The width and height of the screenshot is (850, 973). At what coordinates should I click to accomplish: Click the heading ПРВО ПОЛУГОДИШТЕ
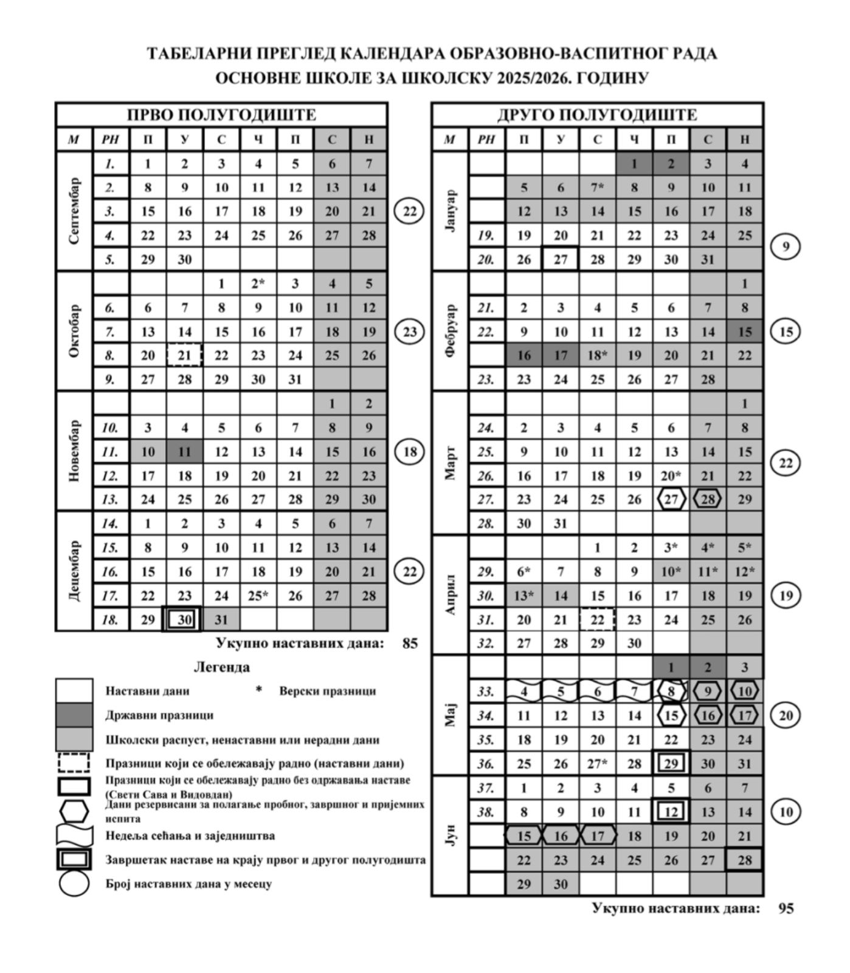221,115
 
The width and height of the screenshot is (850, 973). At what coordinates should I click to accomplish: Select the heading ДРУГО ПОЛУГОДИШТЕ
597,115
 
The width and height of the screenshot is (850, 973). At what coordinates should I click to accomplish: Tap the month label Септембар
74,211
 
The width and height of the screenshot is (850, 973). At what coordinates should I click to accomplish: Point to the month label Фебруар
450,331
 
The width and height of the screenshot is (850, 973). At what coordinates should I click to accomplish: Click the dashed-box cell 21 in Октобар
184,355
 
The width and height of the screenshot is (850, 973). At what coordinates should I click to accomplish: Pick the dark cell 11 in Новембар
185,452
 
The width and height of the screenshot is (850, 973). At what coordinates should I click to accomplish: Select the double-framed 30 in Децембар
184,620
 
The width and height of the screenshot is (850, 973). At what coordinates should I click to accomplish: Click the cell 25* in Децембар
258,596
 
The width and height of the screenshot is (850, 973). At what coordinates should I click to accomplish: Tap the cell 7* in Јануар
598,187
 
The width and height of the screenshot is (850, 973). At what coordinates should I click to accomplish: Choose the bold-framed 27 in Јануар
561,260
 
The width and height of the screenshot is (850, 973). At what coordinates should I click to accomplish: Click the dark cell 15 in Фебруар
745,331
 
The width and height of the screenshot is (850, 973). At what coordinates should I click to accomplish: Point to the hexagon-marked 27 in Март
671,499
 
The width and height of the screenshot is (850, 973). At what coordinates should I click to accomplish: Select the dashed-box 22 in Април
598,620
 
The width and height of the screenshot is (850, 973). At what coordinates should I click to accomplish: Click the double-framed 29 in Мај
671,764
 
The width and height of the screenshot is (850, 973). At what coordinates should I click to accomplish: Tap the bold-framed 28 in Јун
745,860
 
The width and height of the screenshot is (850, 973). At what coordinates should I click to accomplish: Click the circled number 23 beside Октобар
410,331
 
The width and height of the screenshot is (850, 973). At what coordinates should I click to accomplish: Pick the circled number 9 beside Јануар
786,247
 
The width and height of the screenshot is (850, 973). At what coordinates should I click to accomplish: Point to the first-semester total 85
410,643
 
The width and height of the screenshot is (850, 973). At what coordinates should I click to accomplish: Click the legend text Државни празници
159,715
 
